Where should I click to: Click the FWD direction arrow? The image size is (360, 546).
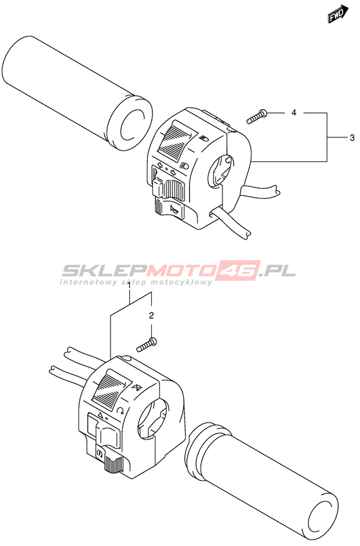(337, 14)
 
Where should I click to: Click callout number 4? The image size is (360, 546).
(294, 112)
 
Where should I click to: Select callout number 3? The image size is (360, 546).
(352, 137)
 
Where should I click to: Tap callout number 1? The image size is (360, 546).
(129, 286)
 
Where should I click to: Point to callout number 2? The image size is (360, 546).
(151, 315)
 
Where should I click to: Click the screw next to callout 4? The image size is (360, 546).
(256, 116)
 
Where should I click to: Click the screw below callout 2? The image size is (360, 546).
(147, 344)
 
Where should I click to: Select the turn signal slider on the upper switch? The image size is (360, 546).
(168, 187)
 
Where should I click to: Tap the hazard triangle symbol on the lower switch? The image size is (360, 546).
(100, 415)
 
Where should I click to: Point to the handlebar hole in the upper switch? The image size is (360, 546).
(219, 171)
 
